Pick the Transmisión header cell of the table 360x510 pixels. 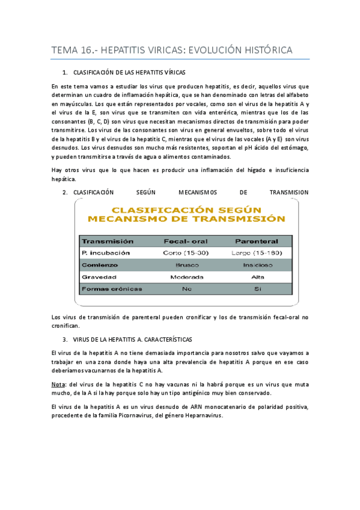click(108, 241)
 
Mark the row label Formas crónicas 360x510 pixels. click(112, 289)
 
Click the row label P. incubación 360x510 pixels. click(106, 253)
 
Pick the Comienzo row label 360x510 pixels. click(100, 265)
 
